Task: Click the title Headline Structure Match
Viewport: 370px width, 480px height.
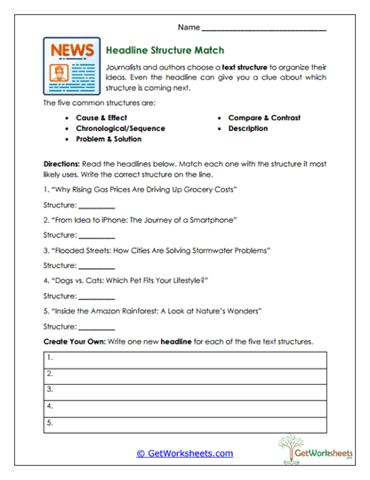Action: [x=165, y=52]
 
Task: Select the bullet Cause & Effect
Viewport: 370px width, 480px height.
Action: [x=103, y=118]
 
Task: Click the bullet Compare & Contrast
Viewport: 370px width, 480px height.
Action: [x=264, y=118]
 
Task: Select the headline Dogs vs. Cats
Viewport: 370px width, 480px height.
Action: [x=129, y=281]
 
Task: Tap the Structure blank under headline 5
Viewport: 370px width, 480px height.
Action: [x=96, y=328]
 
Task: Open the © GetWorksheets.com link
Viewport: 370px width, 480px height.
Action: [x=184, y=453]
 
